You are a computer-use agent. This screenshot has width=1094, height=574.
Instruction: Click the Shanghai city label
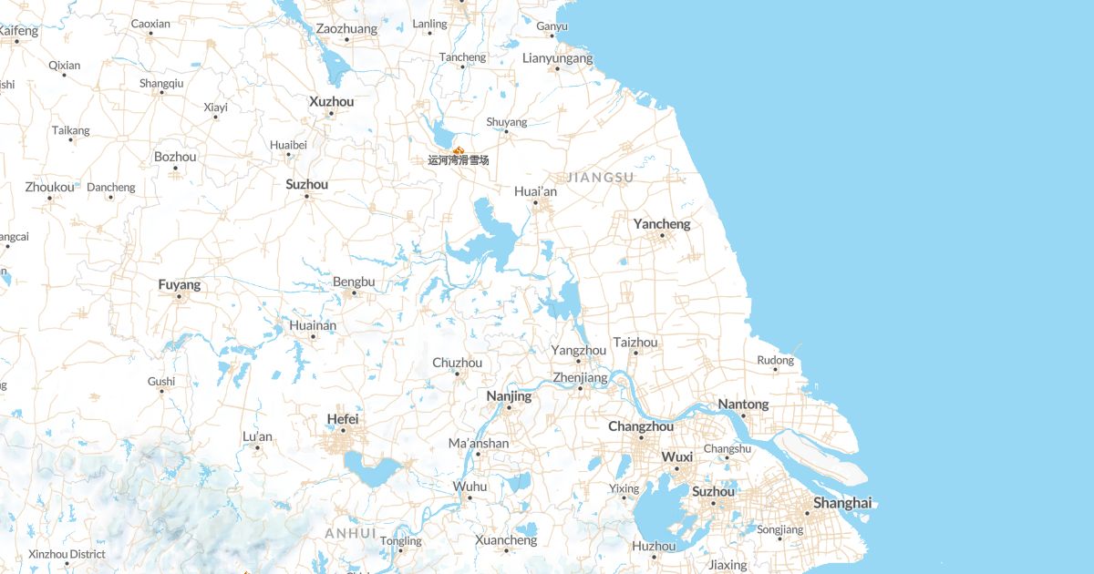842,503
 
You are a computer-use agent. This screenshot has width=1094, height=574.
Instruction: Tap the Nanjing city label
509,396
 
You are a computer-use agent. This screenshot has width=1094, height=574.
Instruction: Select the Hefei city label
343,419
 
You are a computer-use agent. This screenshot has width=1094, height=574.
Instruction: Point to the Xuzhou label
331,101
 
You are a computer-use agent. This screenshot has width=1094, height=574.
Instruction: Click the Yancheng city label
662,223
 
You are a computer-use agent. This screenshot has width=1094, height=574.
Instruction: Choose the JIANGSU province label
600,177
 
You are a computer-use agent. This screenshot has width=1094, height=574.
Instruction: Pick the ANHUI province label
351,533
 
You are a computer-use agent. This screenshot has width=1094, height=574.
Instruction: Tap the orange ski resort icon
459,149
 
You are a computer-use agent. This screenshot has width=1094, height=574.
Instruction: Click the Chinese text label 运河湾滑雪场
459,160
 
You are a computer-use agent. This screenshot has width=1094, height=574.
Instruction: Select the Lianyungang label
557,58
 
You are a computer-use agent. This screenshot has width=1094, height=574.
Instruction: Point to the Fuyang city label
179,285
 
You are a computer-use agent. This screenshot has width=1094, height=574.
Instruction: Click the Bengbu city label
354,282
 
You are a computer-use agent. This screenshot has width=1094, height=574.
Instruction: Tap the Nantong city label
743,405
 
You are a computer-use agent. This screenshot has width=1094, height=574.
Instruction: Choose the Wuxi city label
676,457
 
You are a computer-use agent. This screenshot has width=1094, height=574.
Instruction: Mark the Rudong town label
775,361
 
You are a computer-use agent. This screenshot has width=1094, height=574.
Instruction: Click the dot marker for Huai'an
535,203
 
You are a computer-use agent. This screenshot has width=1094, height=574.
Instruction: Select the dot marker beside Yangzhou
578,361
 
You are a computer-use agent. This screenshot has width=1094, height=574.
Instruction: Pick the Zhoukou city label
49,188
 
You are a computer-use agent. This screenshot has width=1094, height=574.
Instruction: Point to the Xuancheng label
506,540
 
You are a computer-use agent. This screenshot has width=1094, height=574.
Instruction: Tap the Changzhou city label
641,426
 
